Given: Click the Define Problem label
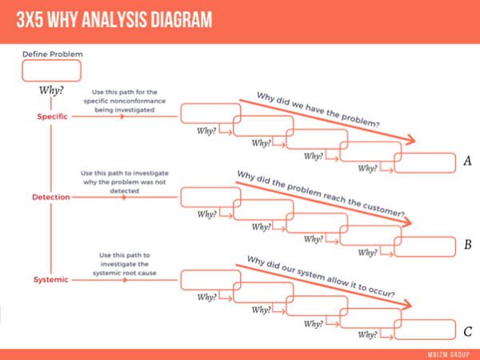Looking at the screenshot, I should point(52,54).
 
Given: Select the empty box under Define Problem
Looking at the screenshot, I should point(51,70).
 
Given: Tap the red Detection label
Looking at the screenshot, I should point(51,197).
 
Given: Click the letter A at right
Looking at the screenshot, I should point(468,162).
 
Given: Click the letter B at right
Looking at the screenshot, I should point(468,244).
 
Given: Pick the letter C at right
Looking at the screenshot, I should point(468,330).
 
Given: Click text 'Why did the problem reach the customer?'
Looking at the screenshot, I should point(320,194).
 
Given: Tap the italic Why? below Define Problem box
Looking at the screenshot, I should point(51,90).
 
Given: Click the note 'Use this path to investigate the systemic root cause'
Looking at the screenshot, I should point(124,264).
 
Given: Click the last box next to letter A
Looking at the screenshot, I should point(424,162).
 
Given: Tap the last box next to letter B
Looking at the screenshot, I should point(424,245).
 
